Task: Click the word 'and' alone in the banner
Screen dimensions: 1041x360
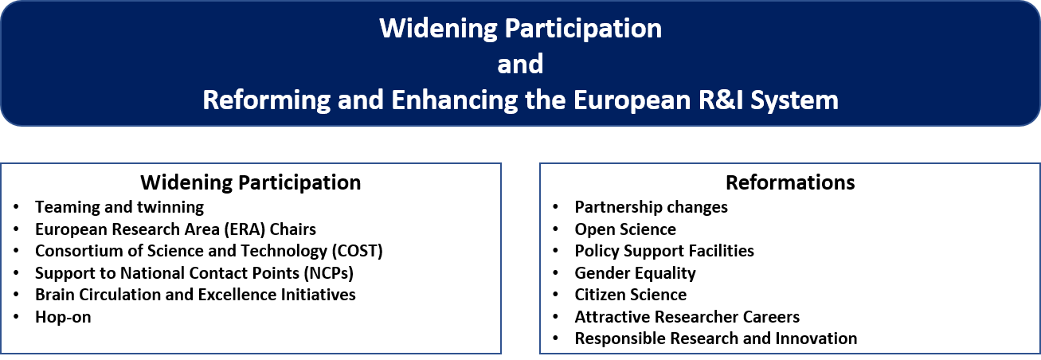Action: click(520, 64)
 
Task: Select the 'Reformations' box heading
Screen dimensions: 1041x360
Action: click(790, 182)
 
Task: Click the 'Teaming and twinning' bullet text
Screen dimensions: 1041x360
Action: click(119, 207)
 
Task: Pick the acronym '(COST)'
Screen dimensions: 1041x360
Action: click(357, 251)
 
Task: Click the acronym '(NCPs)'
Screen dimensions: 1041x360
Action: click(329, 273)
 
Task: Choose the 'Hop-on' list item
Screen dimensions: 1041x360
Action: click(63, 317)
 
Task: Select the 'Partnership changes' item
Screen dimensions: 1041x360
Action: click(651, 207)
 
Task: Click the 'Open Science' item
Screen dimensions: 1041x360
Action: click(625, 229)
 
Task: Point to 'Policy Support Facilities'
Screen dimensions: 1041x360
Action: click(664, 251)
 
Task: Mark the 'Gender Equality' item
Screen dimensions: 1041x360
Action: click(636, 273)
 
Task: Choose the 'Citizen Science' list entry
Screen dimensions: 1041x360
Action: click(631, 295)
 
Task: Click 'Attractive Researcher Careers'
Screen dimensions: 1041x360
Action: click(687, 317)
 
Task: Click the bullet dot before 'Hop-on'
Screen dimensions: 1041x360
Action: click(16, 317)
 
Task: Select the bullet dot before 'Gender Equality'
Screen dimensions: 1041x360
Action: click(555, 273)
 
